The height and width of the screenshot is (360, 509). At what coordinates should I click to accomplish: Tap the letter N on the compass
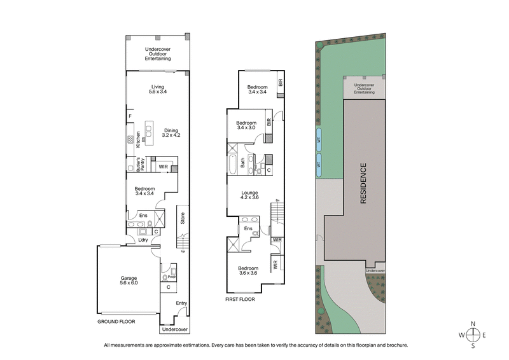coord(473,324)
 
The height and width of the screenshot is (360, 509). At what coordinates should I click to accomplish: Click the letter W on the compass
coord(461,335)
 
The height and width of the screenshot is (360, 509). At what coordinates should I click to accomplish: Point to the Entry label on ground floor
coord(182,303)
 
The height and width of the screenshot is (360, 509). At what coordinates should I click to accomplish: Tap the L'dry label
coord(144,240)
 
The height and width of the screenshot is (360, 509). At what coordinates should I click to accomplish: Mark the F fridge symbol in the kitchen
coord(130,116)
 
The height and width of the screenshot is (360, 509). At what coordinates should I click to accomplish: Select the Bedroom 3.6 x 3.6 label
coord(249,271)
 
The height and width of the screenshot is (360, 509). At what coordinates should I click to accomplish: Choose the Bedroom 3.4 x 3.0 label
coord(246,125)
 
